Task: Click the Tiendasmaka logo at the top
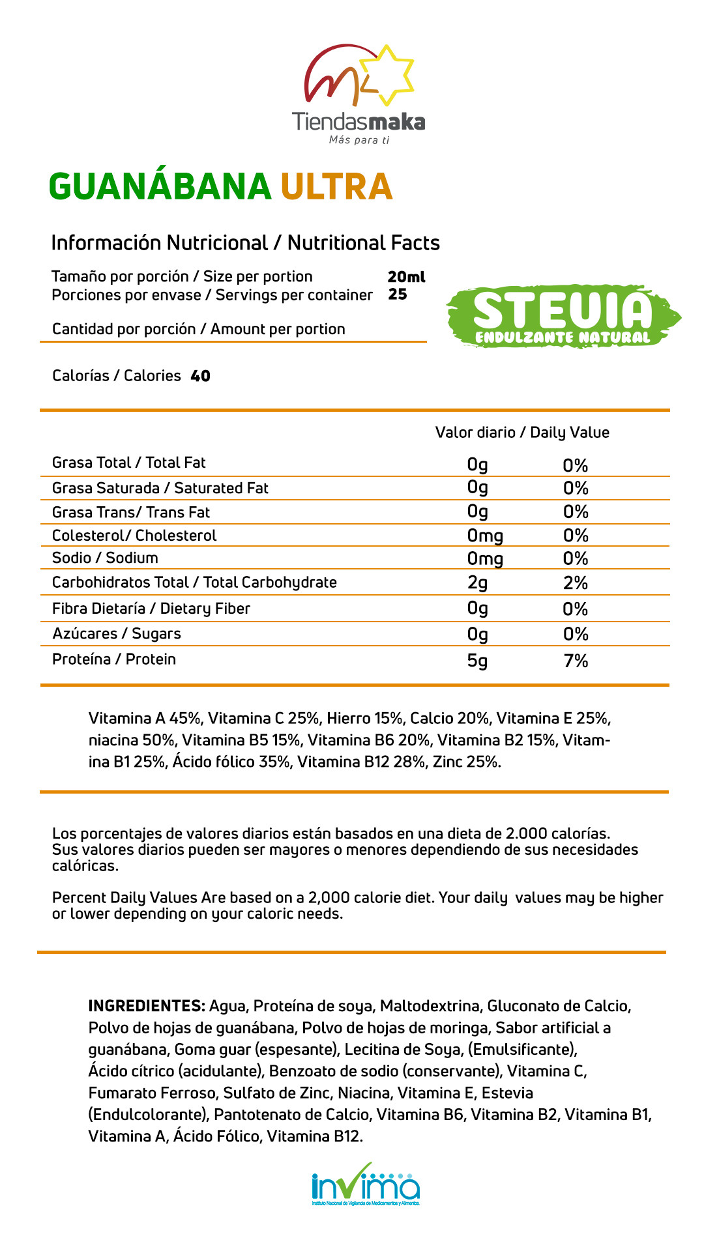[359, 94]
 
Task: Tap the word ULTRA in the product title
[336, 187]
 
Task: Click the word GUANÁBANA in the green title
[160, 187]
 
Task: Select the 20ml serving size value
[406, 277]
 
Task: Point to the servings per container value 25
[398, 295]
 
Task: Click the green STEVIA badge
[563, 317]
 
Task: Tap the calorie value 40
[201, 376]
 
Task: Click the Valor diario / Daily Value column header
[522, 433]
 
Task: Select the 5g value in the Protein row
[477, 661]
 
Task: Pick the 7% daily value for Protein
[576, 661]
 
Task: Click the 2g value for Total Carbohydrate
[477, 582]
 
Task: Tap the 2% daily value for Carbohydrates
[576, 582]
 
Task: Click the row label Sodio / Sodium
[105, 558]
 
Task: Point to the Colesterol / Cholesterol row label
[134, 536]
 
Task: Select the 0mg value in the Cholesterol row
[485, 536]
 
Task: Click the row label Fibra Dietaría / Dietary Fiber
[151, 609]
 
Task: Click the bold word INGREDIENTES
[147, 1006]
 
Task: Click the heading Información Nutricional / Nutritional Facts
[245, 243]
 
